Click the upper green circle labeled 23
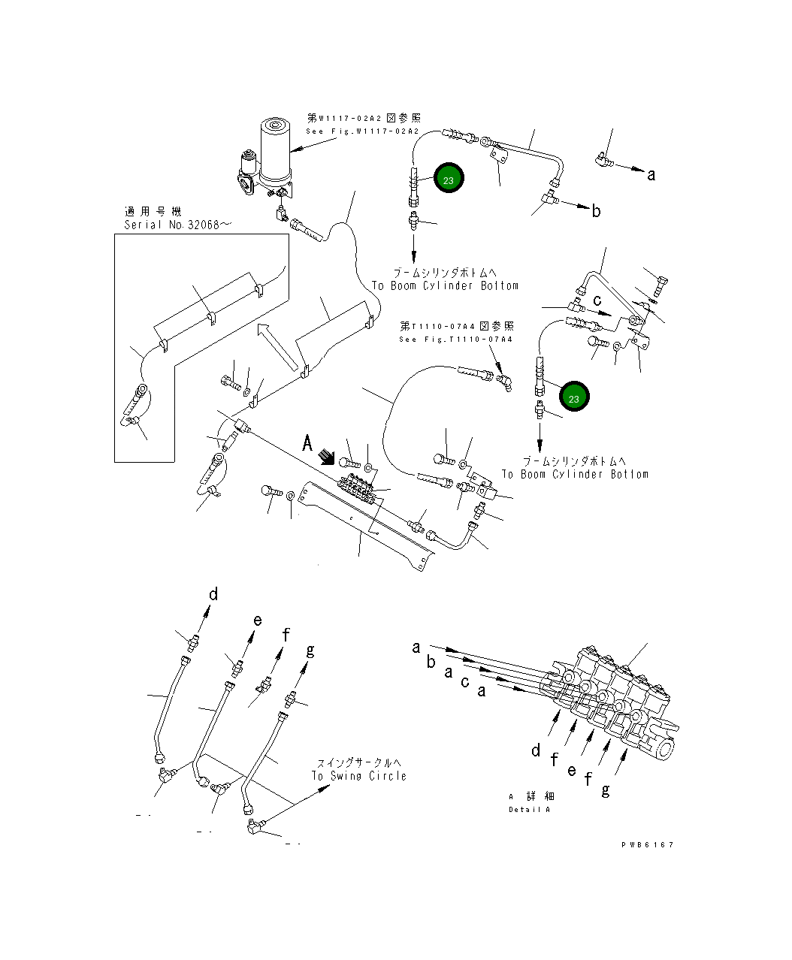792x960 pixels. pos(448,180)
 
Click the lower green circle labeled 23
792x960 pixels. pos(573,398)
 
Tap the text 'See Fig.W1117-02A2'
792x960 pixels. pos(361,131)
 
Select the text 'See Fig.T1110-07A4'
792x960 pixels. pos(456,340)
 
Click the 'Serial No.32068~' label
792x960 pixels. pos(172,225)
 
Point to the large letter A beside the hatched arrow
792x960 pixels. pos(307,443)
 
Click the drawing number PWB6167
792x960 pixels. pos(647,844)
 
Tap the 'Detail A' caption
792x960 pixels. pos(529,810)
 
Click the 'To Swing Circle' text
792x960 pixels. pos(359,776)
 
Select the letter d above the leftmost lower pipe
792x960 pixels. pos(213,595)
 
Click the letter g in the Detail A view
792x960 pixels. pos(606,789)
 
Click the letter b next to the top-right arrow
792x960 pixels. pos(596,211)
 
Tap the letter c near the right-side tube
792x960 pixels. pos(597,300)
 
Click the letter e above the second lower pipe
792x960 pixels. pos(258,620)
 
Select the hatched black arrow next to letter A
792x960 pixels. pos(327,457)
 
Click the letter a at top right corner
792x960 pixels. pos(651,175)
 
